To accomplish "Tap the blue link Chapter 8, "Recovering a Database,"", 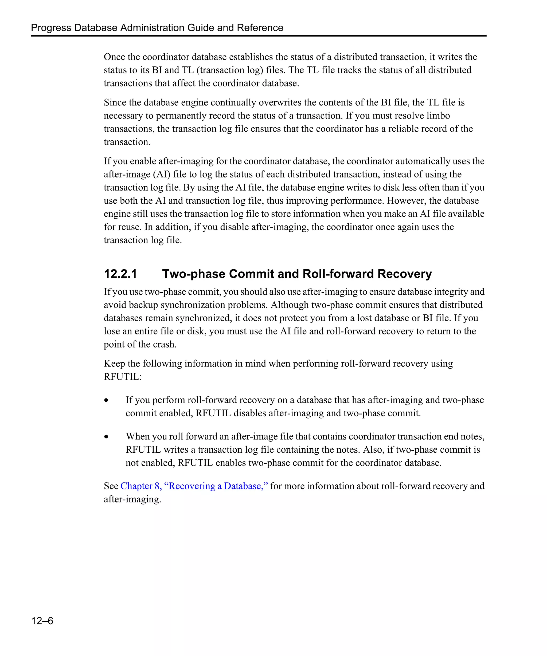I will (194, 486).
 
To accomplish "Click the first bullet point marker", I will (107, 400).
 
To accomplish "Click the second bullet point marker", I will (107, 437).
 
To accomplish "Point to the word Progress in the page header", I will (51, 27).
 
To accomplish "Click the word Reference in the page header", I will (260, 27).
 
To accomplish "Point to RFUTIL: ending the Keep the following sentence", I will (123, 377).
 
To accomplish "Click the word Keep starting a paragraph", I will (114, 363).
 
